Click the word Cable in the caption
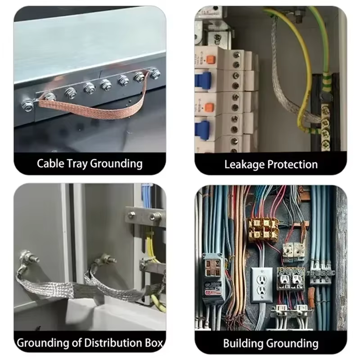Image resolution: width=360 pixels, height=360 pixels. pos(50,163)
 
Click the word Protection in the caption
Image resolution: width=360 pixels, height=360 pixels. pos(293,164)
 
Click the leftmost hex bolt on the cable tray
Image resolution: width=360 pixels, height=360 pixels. pos(27,106)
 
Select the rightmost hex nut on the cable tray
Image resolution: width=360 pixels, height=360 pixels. pos(155,73)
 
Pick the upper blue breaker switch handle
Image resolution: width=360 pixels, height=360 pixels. pos(203,79)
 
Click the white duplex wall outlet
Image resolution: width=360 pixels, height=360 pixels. pos(262,285)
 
